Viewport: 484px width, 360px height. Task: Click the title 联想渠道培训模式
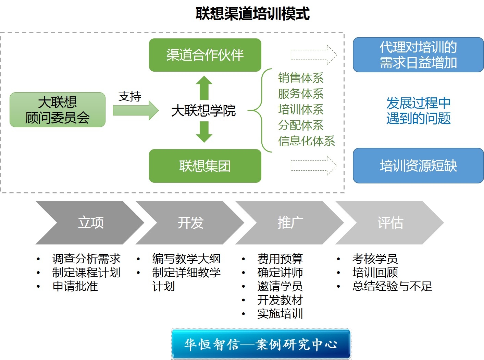252,14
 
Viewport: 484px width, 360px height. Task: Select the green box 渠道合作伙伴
205,55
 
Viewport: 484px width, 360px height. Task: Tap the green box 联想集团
205,166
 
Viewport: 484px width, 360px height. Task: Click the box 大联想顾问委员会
58,110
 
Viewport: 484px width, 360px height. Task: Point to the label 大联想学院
203,110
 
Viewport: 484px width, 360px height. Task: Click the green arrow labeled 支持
136,110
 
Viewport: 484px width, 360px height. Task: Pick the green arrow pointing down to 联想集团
204,132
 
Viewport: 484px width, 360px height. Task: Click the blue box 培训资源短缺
418,166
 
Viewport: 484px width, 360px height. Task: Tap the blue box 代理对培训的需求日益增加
418,55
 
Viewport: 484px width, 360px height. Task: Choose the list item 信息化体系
306,141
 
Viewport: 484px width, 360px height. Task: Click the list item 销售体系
301,78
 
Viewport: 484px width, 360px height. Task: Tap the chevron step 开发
190,223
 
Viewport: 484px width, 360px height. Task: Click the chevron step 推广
290,223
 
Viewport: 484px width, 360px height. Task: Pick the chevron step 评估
390,223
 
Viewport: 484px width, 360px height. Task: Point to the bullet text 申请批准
75,286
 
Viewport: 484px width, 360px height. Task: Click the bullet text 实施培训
280,314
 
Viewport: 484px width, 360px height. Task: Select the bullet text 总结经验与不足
392,286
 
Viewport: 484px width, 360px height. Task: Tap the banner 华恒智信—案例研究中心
261,344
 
